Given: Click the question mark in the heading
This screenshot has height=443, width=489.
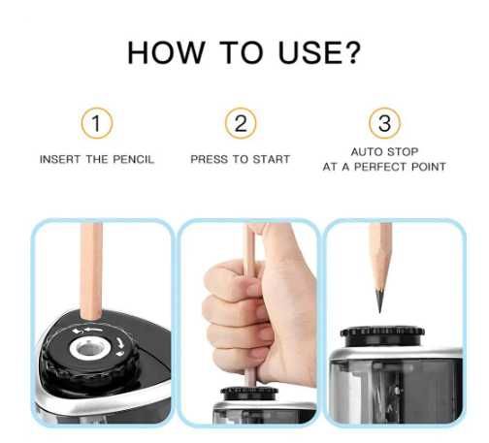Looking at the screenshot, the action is pos(352,52).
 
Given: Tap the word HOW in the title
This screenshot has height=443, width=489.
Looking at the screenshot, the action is pos(166,52).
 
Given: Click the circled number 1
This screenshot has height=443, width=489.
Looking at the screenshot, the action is pos(97,123).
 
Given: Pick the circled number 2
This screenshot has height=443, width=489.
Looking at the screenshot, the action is pos(241,123).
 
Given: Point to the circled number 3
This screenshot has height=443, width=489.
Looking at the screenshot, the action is pos(384,123).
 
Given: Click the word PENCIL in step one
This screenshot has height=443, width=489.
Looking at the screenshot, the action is pos(133,159).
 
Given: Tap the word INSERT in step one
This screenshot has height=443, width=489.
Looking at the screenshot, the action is pos(60,159).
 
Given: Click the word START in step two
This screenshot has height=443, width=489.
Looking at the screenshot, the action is pos(271,159).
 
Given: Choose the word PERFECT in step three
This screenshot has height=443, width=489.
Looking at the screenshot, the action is pos(381,167).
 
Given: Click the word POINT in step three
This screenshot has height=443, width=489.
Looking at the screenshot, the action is pos(429,167).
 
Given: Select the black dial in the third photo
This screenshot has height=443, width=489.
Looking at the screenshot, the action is pos(382,336).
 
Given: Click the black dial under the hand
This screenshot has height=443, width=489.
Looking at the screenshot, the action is pos(249,394).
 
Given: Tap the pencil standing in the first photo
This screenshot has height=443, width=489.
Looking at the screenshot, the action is pos(91,271).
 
